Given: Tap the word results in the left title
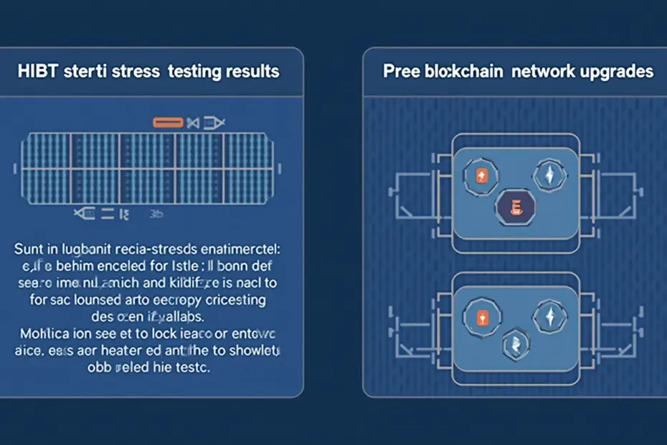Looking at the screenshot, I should click(x=250, y=72).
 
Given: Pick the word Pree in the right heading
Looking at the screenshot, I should click(x=399, y=72).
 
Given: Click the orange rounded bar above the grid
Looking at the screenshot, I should click(x=169, y=123).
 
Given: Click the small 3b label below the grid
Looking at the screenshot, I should click(x=156, y=213).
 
